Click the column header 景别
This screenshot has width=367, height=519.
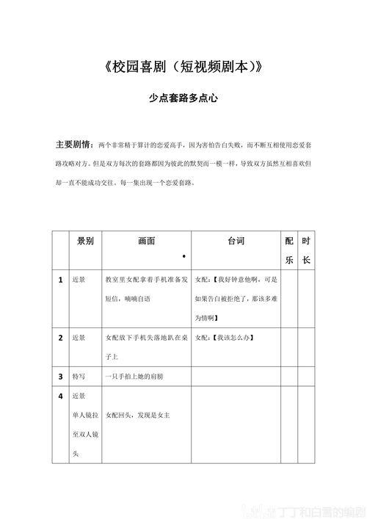pyautogui.click(x=85, y=241)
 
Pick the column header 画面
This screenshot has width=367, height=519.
pyautogui.click(x=146, y=241)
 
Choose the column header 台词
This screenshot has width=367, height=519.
pyautogui.click(x=236, y=241)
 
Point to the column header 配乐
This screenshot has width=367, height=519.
pyautogui.click(x=289, y=250)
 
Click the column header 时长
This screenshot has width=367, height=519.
pyautogui.click(x=306, y=250)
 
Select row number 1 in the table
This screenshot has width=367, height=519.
pyautogui.click(x=60, y=280)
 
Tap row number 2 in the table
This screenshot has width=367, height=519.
pyautogui.click(x=60, y=338)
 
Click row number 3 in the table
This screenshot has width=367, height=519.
pyautogui.click(x=60, y=376)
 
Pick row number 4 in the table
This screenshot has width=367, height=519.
pyautogui.click(x=60, y=396)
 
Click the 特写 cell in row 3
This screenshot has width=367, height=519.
pyautogui.click(x=79, y=376)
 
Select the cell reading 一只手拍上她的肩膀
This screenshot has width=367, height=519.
pyautogui.click(x=137, y=376)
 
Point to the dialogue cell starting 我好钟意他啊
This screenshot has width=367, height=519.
pyautogui.click(x=236, y=299)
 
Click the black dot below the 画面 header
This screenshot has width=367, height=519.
pyautogui.click(x=183, y=255)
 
